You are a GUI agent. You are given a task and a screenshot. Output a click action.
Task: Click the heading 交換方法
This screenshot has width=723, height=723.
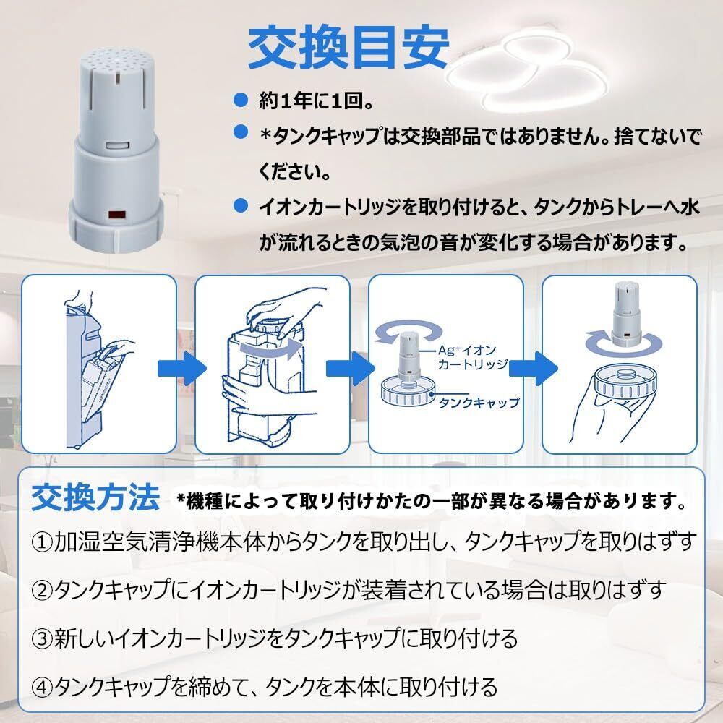95,497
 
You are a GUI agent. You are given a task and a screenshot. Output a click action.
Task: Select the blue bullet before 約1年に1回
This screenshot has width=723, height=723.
240,98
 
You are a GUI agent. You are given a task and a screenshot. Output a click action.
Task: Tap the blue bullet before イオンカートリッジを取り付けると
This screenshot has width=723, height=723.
240,207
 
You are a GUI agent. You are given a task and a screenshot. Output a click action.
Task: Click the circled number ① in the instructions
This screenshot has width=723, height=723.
42,541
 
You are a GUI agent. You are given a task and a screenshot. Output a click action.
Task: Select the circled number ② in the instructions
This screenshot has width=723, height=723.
42,590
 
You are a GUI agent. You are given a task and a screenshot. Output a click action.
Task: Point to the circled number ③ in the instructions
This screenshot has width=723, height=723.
42,638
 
